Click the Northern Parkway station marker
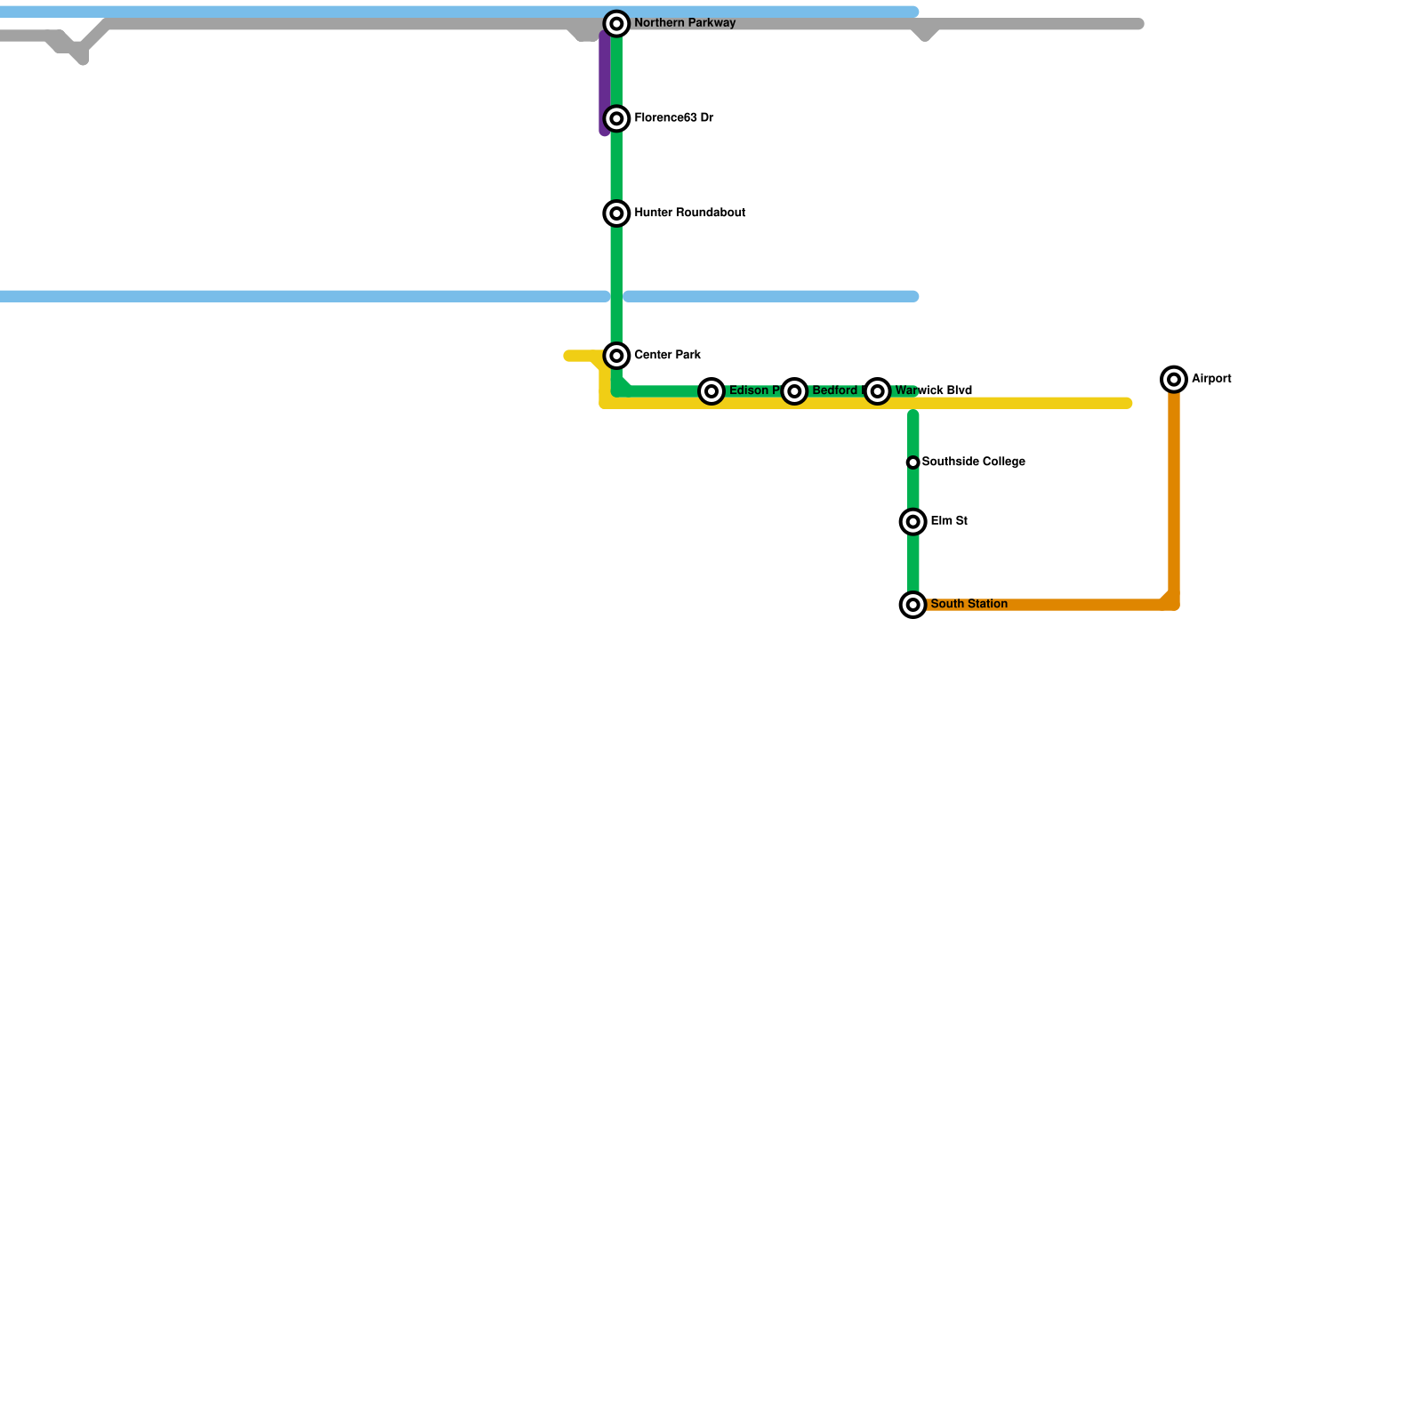616,24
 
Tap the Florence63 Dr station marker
616,118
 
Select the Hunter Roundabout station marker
616,213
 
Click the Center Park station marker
616,356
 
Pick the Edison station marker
711,391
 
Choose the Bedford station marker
794,391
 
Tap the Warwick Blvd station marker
878,391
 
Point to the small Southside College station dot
912,462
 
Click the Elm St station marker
913,522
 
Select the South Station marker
913,605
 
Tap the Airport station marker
1174,380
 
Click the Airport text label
1211,379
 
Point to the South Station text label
969,605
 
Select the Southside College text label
973,462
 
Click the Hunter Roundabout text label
689,213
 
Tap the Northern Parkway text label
684,23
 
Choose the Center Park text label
667,356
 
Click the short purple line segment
605,84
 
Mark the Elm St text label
949,521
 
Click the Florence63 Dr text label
673,118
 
